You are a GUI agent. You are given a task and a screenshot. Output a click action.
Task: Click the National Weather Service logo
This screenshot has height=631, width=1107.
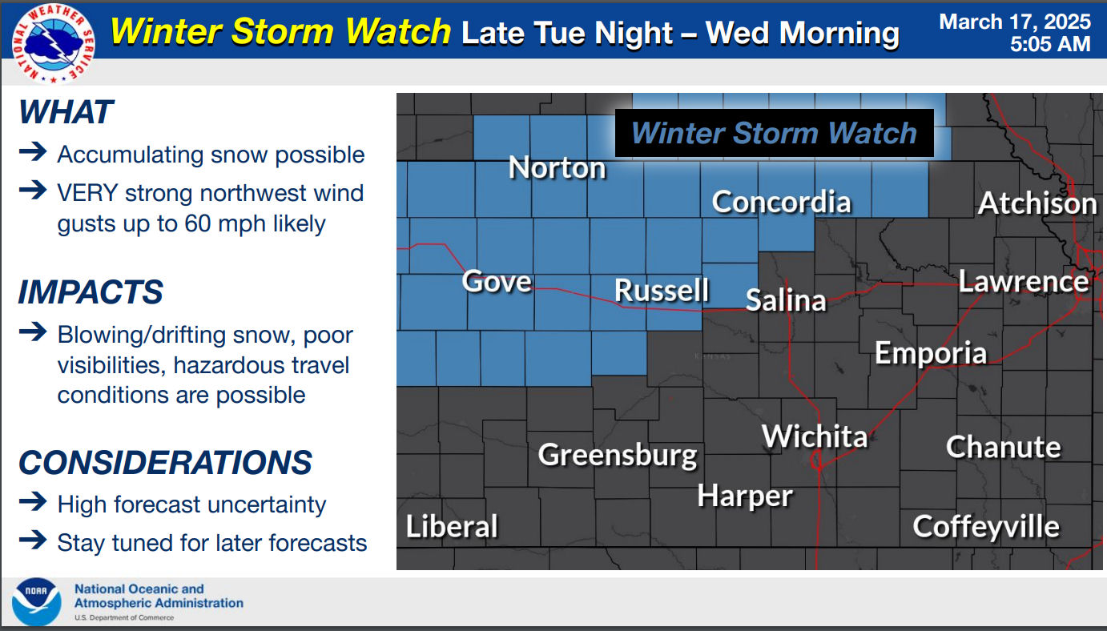54,43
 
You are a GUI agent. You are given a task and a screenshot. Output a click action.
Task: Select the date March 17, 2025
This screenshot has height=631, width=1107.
1015,22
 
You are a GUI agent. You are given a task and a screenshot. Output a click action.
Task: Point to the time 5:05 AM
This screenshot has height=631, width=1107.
1050,44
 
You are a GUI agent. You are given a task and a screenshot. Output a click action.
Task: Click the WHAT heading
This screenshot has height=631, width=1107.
66,111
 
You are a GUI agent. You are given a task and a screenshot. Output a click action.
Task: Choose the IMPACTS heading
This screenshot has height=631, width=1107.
91,291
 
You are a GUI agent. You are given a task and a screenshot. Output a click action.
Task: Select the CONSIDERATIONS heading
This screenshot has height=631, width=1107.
165,463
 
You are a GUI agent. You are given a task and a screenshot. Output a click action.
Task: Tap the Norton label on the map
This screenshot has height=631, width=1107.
557,167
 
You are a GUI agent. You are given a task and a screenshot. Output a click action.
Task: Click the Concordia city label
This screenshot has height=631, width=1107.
781,202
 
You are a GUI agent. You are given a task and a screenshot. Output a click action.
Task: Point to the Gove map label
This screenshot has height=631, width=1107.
497,281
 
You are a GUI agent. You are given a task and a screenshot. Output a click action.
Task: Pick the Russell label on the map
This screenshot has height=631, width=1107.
662,290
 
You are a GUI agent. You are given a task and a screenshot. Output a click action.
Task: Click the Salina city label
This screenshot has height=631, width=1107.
786,300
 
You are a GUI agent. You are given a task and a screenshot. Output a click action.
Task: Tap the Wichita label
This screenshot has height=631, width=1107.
815,436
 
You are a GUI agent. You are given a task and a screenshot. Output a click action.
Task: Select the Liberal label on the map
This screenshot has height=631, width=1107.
452,526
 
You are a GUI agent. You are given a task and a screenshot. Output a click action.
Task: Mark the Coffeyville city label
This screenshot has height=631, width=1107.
986,527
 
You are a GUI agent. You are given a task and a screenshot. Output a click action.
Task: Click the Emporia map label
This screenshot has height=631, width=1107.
931,353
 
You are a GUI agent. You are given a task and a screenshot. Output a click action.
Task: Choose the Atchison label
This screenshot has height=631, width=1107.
1037,203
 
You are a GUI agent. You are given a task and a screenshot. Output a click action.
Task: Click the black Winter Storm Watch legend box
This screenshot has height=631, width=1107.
774,133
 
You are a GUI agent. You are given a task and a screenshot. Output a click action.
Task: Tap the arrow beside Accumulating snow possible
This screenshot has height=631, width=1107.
33,151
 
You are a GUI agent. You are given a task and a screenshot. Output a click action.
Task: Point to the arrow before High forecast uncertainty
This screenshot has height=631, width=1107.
33,502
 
